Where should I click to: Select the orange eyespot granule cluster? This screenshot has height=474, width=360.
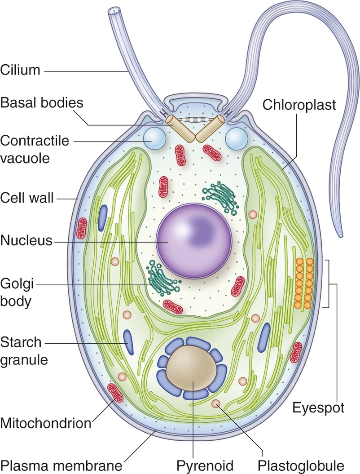303,284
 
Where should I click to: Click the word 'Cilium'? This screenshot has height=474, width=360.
20,70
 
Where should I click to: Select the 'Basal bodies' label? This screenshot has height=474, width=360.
42,102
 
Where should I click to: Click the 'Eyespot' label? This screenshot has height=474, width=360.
318,408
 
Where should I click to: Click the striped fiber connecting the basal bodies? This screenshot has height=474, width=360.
195,120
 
